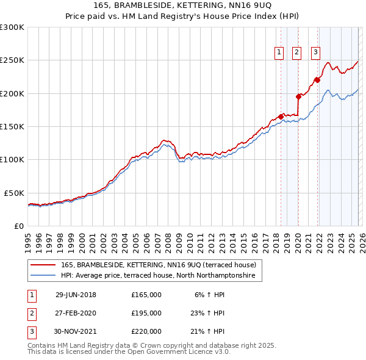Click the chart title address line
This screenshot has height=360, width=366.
click(183, 6)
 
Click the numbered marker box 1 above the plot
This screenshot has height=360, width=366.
click(279, 52)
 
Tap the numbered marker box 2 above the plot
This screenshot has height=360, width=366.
click(297, 52)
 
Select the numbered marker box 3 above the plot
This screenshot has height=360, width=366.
click(316, 52)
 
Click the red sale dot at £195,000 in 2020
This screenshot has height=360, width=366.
click(298, 96)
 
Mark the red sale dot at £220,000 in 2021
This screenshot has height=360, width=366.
click(317, 79)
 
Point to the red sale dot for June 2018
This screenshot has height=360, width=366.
click(281, 117)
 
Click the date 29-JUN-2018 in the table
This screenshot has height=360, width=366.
click(76, 295)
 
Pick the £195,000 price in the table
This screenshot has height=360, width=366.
click(146, 313)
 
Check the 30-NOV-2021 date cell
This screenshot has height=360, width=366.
click(76, 331)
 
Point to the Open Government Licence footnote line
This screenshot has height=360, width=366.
click(129, 353)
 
